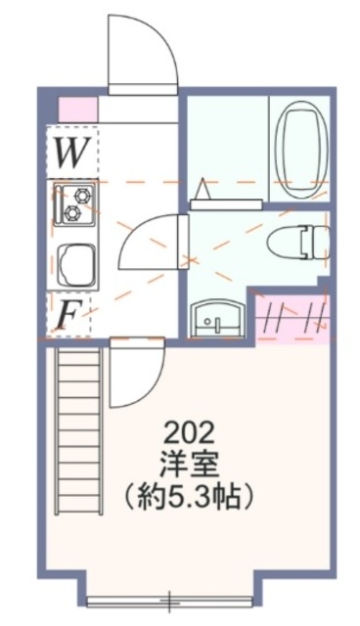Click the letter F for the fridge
(68, 314)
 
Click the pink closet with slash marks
(291, 318)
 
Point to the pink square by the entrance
(77, 109)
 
